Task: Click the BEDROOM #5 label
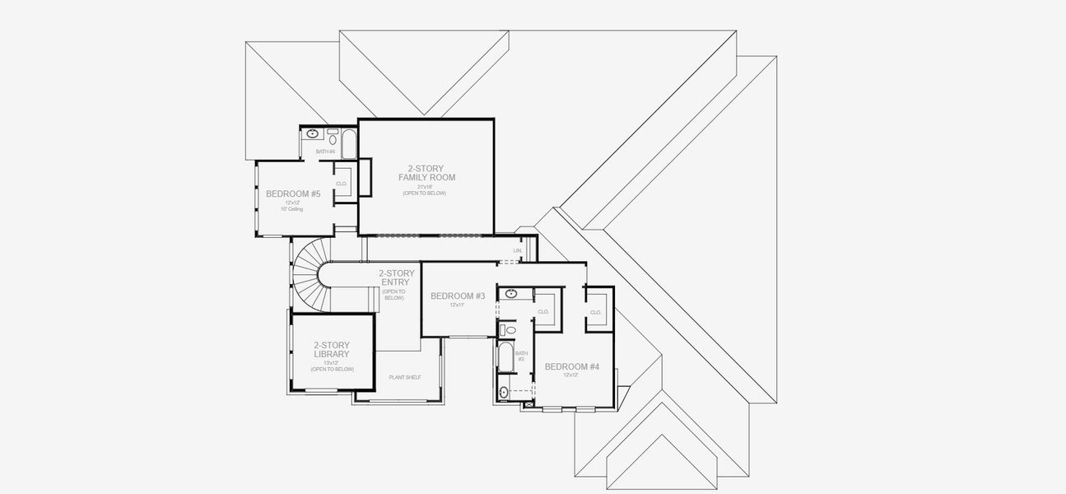293,194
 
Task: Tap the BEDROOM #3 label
458,296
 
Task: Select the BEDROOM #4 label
572,366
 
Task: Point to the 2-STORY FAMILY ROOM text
426,173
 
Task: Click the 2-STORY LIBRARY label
332,350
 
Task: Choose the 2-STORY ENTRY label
393,277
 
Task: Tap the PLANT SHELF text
405,377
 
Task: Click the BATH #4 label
326,151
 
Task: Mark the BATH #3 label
520,356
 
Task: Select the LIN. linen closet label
518,250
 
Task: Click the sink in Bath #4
313,133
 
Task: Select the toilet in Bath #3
510,330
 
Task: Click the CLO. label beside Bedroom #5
342,184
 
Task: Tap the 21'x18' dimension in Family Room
426,186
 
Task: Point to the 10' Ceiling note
293,209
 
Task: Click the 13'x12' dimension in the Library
332,362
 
